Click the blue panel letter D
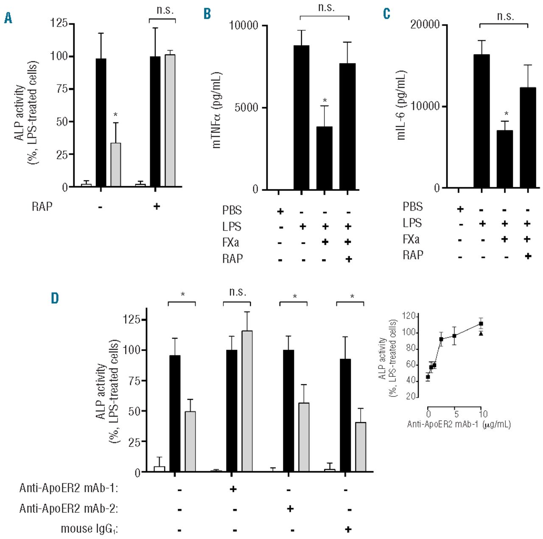tap(55, 298)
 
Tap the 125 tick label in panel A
tap(59, 23)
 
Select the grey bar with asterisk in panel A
tap(115, 165)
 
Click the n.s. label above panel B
tap(326, 8)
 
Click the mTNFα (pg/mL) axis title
tap(217, 110)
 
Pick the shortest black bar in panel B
tap(325, 158)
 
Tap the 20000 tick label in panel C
tap(425, 24)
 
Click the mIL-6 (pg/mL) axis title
tap(401, 105)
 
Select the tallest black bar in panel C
tap(481, 121)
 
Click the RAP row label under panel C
tap(413, 255)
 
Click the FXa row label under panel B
tap(230, 243)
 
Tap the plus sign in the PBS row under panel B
tap(280, 211)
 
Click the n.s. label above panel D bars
tap(237, 292)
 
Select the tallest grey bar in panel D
tap(247, 401)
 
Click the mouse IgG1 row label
tap(89, 529)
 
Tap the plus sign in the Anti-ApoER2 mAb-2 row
tap(290, 508)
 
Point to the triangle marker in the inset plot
tap(481, 333)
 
